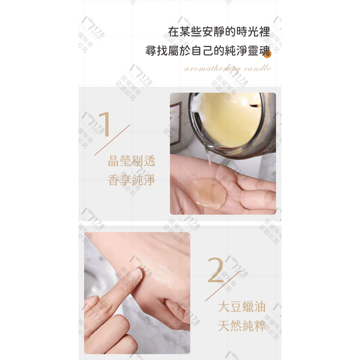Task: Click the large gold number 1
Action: (105, 125)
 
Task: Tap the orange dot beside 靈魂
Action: (267, 54)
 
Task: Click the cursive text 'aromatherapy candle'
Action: (227, 68)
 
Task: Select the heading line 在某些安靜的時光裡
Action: (219, 32)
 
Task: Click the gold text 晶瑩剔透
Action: (131, 161)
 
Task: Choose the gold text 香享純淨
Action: (131, 180)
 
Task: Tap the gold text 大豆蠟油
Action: (242, 307)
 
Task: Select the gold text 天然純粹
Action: (242, 327)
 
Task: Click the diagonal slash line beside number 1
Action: (112, 140)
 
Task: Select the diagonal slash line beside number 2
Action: (223, 285)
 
